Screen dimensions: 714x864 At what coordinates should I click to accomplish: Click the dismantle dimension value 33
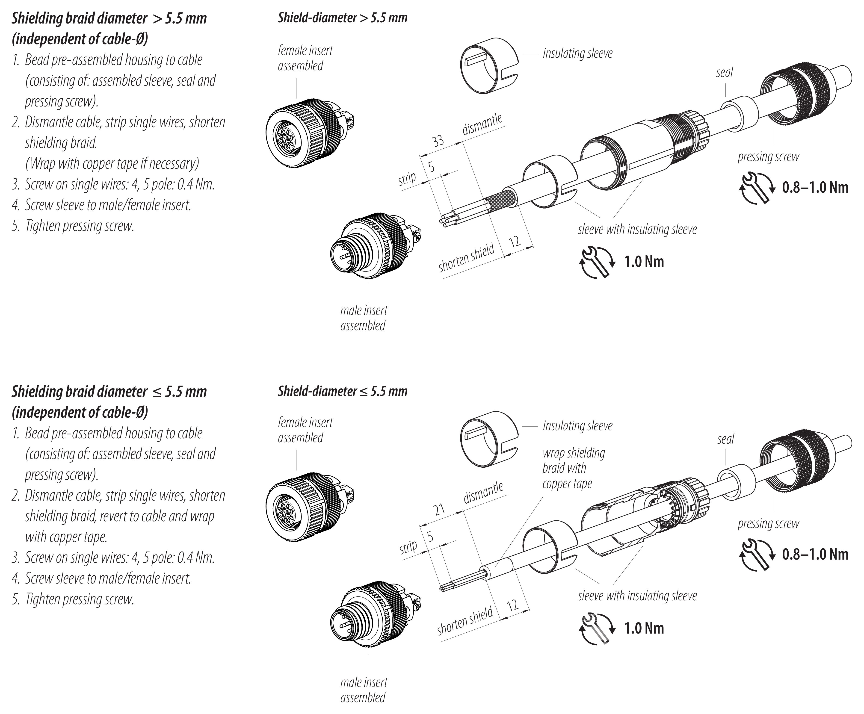point(438,141)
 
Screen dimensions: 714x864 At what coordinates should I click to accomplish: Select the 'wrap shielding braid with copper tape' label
point(573,468)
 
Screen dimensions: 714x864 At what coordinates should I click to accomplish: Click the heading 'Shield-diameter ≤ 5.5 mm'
point(342,391)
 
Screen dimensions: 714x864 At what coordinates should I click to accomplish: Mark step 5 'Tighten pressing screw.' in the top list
point(79,226)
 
